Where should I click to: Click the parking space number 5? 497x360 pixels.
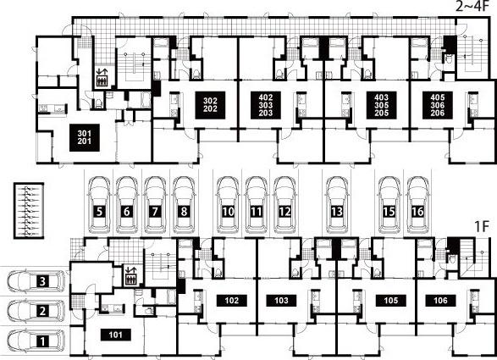tap(100, 211)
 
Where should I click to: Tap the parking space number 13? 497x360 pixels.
tap(337, 211)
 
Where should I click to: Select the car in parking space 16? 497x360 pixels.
tap(417, 205)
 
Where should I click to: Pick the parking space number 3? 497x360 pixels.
tap(43, 281)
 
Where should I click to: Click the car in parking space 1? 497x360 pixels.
tap(36, 341)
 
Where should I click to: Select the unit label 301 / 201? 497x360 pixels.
tap(85, 137)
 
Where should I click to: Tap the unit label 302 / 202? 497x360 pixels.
tap(210, 105)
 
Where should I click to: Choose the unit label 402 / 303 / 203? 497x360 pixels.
tap(266, 105)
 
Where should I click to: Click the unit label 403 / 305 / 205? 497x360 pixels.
tap(381, 105)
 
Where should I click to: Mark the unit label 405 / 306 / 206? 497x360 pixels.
tap(438, 105)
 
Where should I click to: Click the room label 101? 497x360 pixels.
tap(116, 335)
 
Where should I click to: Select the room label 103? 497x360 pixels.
tap(281, 301)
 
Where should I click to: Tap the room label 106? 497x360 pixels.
tap(440, 301)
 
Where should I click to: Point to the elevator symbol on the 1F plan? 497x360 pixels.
tap(130, 275)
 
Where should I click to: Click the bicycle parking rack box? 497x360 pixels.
tap(29, 210)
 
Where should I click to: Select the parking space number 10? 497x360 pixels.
tap(229, 211)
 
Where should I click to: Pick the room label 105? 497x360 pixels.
tap(391, 301)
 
